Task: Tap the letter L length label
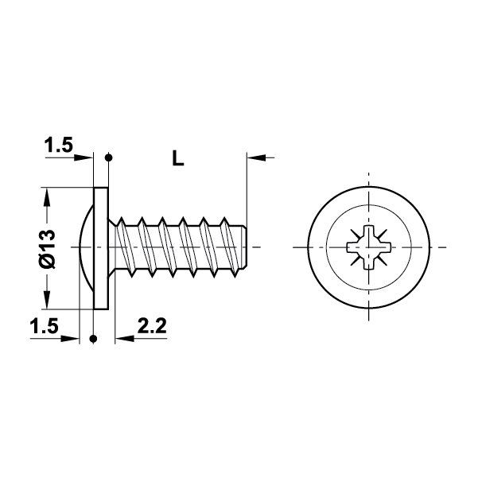pos(178,158)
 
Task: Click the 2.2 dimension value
pos(151,325)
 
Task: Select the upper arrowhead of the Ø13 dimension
pos(49,195)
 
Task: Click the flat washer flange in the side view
pos(101,247)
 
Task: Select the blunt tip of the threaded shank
pos(246,247)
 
